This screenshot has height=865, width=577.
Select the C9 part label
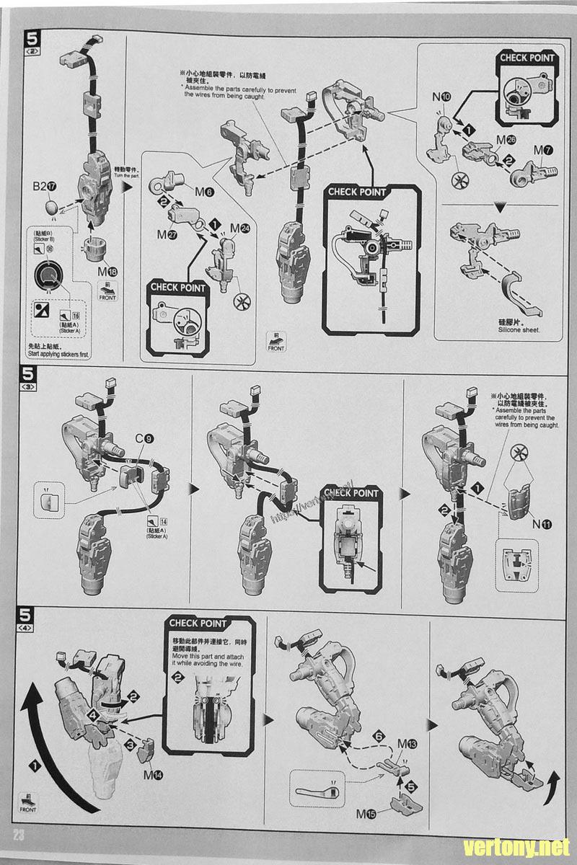142,438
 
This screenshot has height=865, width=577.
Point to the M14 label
153,776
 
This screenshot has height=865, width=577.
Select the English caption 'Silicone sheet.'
519,330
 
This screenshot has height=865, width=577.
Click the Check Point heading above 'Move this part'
198,623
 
